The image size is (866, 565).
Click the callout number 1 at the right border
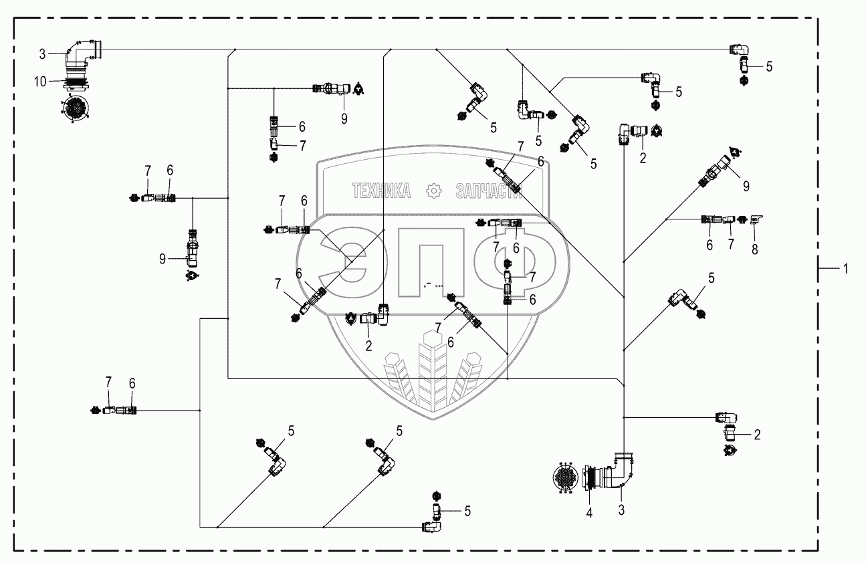(x=845, y=269)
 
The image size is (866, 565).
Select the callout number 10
(x=40, y=82)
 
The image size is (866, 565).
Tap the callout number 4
(x=588, y=513)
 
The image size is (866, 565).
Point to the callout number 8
(x=754, y=249)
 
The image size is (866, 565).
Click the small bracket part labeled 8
(x=756, y=219)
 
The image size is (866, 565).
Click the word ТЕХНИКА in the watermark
(x=381, y=191)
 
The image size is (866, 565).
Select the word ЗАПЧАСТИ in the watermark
(x=489, y=191)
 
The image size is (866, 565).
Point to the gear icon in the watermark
(x=433, y=191)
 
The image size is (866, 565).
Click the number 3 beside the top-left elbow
(x=42, y=54)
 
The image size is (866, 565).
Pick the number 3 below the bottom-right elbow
(x=621, y=510)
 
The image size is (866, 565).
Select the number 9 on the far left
(x=163, y=259)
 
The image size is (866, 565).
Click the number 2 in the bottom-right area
(x=757, y=435)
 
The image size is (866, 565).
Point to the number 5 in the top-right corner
(x=769, y=67)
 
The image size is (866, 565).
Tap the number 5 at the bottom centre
(x=467, y=512)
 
